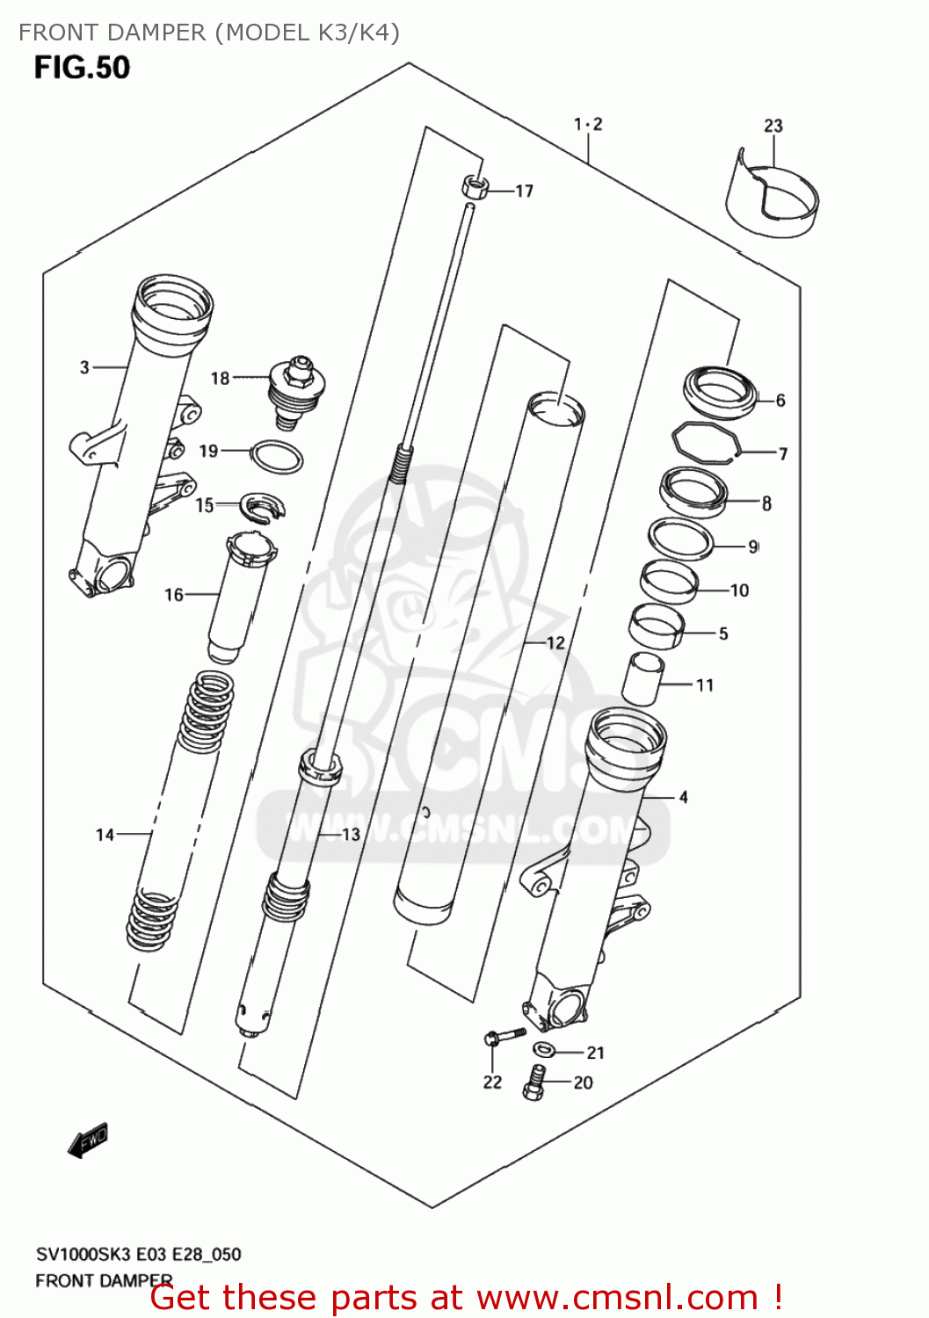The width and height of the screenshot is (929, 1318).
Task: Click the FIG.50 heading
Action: [x=82, y=68]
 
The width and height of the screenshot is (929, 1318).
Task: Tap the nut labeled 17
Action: [x=475, y=186]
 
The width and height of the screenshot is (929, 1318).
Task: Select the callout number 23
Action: [x=773, y=126]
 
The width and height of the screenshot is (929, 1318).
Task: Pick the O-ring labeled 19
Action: [x=278, y=457]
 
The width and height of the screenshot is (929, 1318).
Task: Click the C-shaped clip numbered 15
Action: [x=263, y=507]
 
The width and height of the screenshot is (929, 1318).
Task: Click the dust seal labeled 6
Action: [x=720, y=391]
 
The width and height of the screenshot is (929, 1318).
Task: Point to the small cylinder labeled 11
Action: [x=642, y=678]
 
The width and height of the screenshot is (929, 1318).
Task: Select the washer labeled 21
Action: [x=543, y=1049]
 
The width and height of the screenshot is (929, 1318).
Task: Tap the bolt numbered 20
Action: [x=534, y=1082]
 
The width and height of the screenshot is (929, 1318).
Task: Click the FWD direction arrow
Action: [x=88, y=1141]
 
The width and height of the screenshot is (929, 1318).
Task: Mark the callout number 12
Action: [x=555, y=643]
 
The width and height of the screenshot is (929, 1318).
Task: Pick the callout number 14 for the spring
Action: [x=105, y=835]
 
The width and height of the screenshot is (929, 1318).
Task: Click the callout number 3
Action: [x=84, y=367]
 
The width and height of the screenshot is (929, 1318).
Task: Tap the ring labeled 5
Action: [x=657, y=626]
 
